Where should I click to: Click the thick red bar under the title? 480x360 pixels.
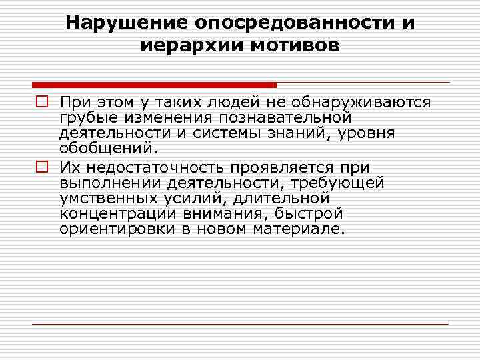pos(154,85)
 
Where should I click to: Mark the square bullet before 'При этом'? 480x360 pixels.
pos(41,103)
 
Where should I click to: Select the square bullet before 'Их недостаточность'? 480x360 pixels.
pos(41,167)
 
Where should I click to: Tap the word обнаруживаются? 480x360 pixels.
pos(360,103)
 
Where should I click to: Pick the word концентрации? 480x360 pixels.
pos(112,213)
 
